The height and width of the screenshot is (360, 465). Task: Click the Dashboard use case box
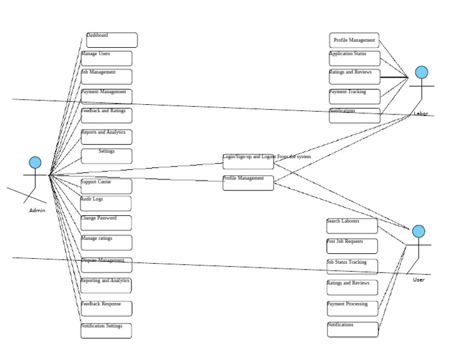tap(112, 40)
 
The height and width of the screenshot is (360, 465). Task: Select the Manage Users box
tap(107, 58)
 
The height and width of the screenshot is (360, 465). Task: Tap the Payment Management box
tap(107, 96)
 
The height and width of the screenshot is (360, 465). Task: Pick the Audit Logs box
tap(106, 203)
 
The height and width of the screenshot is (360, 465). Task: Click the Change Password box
tap(106, 222)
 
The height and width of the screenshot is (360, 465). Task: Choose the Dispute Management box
tap(107, 265)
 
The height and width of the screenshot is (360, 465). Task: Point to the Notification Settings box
tap(106, 330)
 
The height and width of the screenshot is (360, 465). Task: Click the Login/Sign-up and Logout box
tap(248, 161)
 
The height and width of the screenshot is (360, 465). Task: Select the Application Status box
tap(355, 58)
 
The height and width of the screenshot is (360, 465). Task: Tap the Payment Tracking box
tap(355, 96)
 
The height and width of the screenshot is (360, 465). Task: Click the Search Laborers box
tap(352, 225)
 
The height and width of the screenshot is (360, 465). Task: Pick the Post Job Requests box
tap(352, 245)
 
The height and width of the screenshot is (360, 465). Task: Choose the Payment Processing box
tap(352, 308)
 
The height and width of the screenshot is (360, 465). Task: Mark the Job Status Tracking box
tap(352, 267)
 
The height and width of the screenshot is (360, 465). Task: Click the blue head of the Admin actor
tap(35, 162)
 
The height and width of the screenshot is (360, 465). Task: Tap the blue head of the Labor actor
tap(421, 73)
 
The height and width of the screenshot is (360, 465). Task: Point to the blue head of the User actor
tap(418, 232)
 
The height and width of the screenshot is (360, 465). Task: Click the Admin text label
tap(37, 211)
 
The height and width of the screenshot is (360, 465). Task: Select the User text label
tap(419, 280)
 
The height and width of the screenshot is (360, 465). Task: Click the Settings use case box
tap(107, 156)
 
